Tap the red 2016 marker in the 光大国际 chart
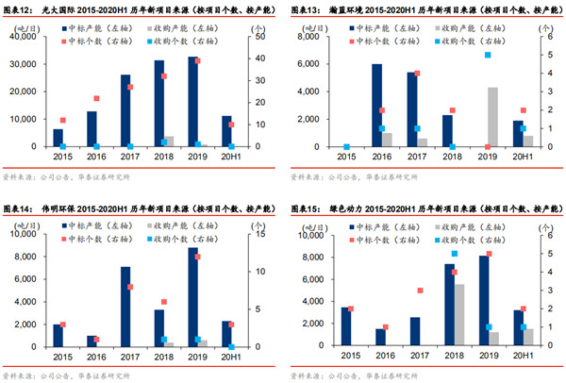(x=96, y=98)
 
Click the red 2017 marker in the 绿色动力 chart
(x=420, y=291)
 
